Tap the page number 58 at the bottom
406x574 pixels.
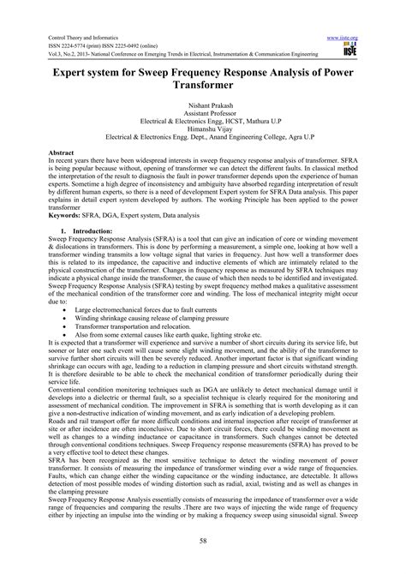pos(202,541)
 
